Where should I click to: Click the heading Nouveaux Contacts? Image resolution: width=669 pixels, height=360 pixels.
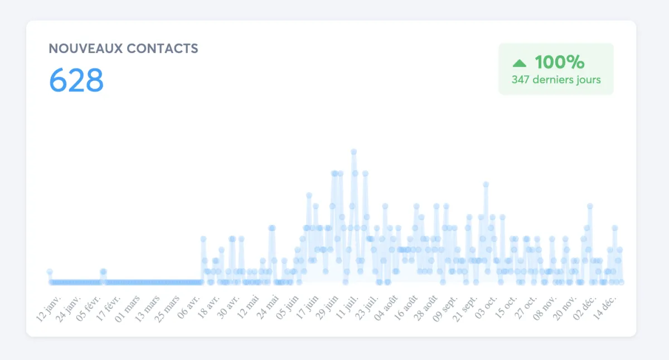click(x=123, y=48)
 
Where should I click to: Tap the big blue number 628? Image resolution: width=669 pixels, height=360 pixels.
click(x=76, y=80)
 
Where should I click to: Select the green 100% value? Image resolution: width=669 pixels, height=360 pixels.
click(x=559, y=62)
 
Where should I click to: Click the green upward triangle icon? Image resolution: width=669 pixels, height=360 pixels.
click(x=519, y=63)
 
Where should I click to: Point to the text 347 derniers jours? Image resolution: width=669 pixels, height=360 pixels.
click(x=556, y=80)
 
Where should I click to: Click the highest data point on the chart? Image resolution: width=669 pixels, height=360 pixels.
click(x=353, y=152)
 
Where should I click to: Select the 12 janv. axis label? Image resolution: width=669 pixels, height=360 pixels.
click(x=49, y=306)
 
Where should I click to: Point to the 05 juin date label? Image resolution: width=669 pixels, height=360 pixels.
click(x=287, y=306)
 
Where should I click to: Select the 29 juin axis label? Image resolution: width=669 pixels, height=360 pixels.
click(x=327, y=306)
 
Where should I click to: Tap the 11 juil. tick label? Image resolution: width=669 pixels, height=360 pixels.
click(x=347, y=306)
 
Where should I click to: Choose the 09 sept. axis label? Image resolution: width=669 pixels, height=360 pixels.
click(x=446, y=306)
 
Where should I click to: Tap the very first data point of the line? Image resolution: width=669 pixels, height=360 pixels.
click(x=50, y=271)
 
